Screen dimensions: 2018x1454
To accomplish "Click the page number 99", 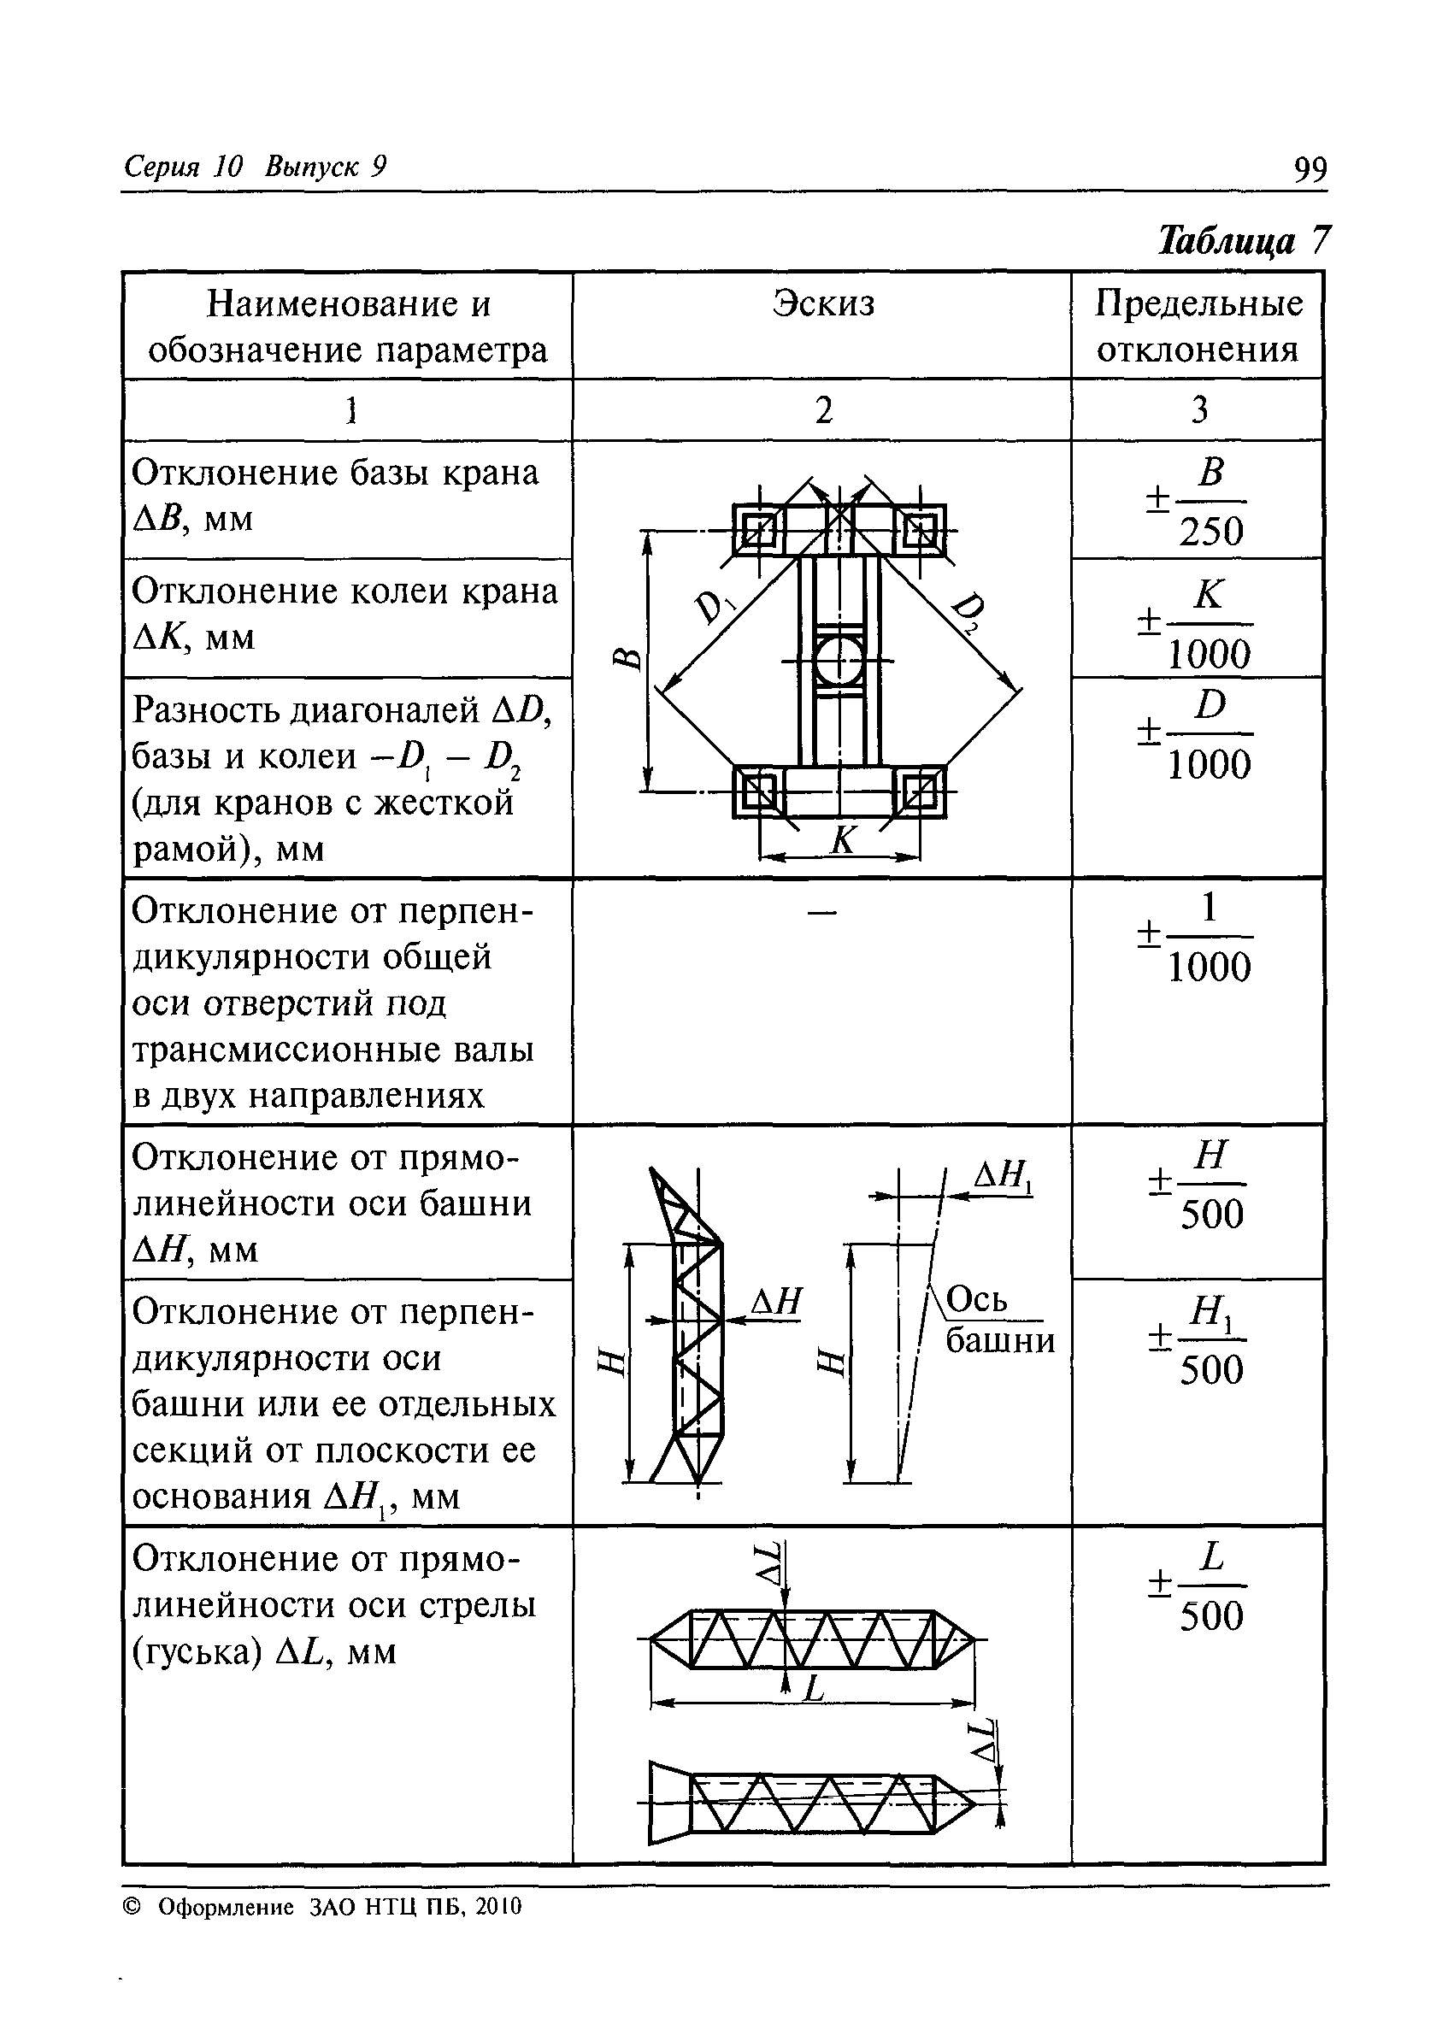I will [1309, 168].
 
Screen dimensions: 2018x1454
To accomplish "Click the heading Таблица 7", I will [1243, 240].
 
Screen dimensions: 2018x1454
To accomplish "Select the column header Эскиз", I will [823, 303].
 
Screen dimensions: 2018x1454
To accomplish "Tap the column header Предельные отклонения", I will [1198, 327].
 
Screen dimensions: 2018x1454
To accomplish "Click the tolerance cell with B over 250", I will [1198, 501].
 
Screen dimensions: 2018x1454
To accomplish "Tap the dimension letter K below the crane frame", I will [842, 839].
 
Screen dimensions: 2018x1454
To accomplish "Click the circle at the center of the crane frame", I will [839, 660].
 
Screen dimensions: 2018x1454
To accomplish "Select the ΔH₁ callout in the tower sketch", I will [1003, 1178].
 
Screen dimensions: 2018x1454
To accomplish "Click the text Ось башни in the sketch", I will [998, 1320].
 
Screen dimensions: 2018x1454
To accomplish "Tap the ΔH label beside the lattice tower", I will [776, 1303].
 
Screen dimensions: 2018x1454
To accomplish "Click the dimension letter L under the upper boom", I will [813, 1688].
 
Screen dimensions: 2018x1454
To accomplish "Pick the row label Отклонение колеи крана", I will [345, 614].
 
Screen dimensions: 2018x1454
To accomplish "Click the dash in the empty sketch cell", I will [822, 912].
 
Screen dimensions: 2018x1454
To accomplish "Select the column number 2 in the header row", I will [823, 410].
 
